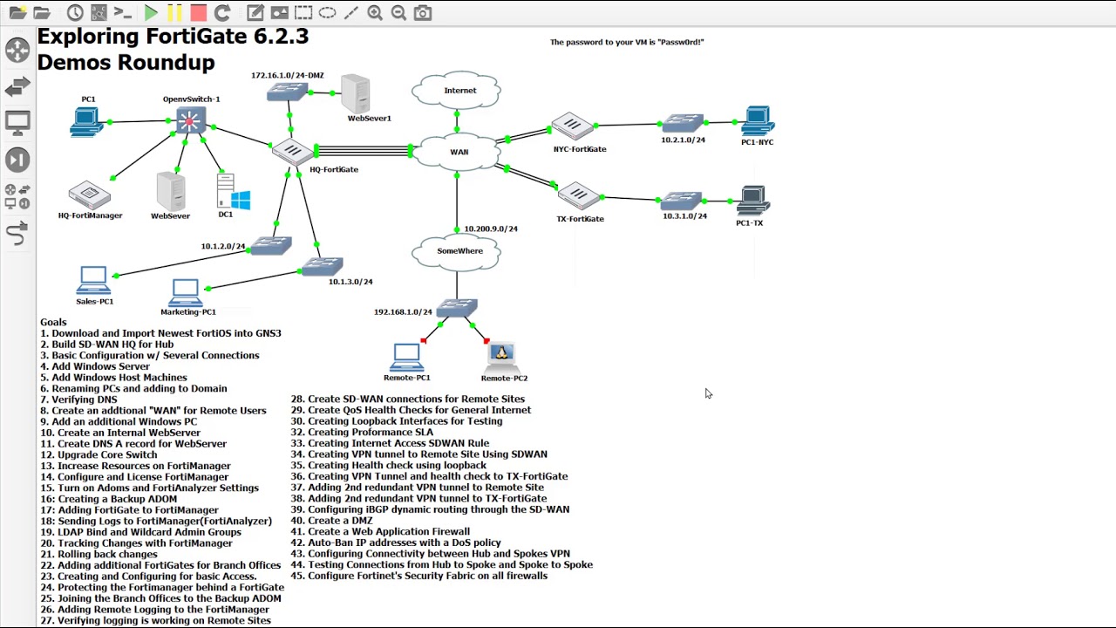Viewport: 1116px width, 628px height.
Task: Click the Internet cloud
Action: (458, 91)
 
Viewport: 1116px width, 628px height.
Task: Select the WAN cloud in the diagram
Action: (459, 153)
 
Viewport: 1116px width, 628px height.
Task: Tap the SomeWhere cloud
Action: (459, 251)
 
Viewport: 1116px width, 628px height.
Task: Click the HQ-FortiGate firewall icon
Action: (291, 152)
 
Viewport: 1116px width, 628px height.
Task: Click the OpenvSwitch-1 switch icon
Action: (190, 120)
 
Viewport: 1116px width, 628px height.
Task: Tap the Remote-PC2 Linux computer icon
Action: (501, 356)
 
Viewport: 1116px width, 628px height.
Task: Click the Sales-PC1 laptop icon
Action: (93, 280)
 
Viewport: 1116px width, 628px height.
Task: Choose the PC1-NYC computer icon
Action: (757, 121)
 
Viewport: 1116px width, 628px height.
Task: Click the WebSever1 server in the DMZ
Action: (356, 93)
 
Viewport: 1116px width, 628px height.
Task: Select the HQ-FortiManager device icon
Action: (89, 195)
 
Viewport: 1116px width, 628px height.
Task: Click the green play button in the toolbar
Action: (151, 13)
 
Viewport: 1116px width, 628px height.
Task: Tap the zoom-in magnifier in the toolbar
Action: (375, 13)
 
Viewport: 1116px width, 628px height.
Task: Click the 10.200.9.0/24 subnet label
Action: (490, 229)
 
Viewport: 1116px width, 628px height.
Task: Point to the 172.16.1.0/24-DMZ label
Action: (287, 76)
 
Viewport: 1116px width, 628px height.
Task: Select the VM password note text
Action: (626, 42)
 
